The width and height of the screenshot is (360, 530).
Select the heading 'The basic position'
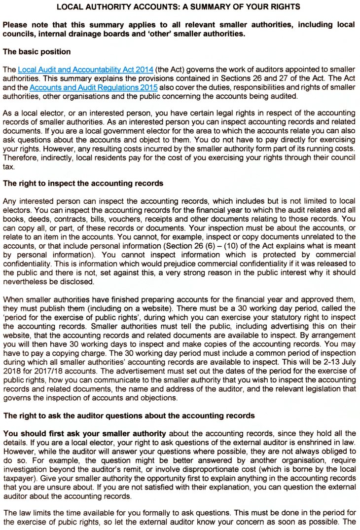(x=36, y=52)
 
